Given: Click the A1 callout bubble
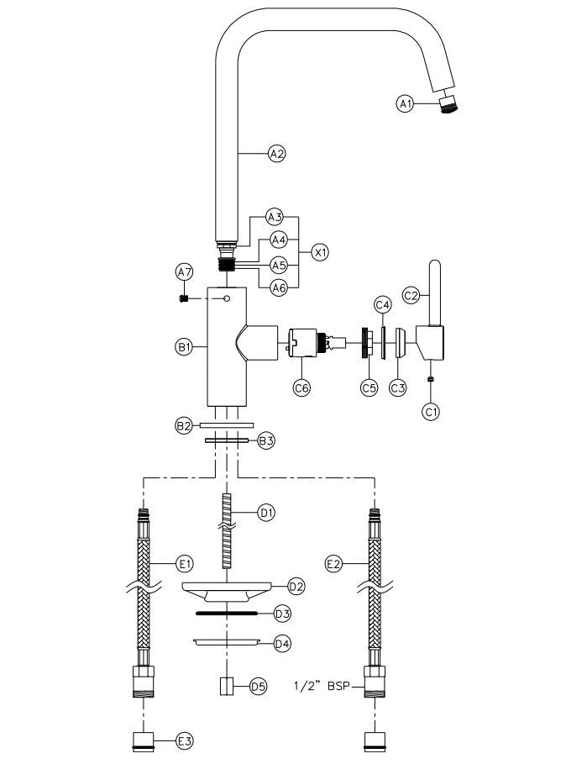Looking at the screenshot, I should [406, 103].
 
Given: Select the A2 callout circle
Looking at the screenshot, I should [276, 153].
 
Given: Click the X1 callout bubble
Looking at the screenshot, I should [319, 251].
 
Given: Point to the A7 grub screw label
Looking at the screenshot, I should [184, 271].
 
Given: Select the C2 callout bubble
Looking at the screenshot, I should [411, 295].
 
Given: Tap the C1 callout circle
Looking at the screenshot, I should [431, 412].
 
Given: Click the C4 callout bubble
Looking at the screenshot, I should [382, 303].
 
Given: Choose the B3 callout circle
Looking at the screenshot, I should [266, 440].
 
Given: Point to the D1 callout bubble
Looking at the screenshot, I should [266, 512].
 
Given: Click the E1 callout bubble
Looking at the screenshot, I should [185, 562].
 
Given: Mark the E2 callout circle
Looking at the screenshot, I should [333, 562].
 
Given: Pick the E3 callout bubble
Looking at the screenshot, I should [185, 740].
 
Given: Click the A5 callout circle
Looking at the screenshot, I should [277, 265].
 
